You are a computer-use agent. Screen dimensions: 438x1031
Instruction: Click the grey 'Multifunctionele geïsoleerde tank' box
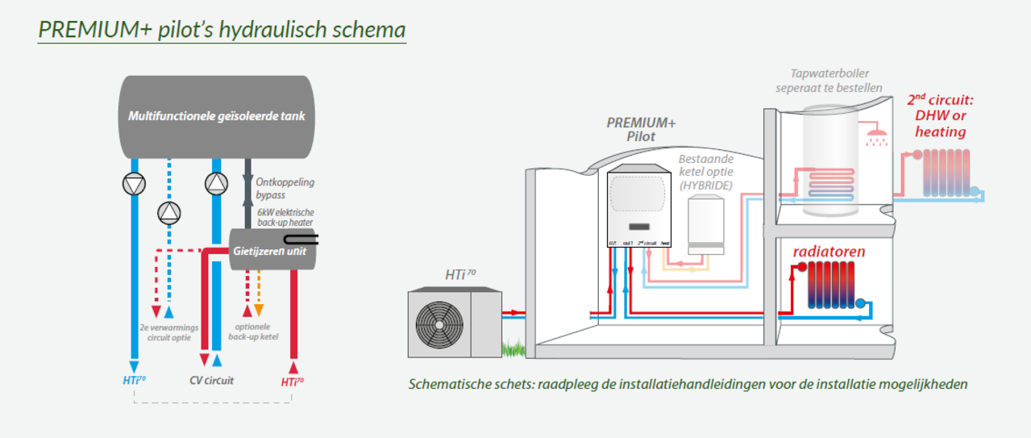[216, 116]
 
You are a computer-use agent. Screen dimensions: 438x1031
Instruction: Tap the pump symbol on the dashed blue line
[168, 213]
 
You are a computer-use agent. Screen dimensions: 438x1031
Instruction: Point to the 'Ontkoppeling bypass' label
[280, 188]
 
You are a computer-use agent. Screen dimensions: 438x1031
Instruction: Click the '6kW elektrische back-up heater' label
[280, 216]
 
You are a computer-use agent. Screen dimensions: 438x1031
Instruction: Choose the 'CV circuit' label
[211, 381]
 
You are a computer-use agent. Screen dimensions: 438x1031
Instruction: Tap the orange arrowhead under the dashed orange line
[259, 311]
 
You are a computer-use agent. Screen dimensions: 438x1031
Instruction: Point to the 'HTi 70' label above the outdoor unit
[460, 275]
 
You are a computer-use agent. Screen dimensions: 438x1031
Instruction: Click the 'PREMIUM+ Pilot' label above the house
[641, 129]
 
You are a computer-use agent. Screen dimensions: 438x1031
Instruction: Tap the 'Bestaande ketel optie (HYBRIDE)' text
[705, 172]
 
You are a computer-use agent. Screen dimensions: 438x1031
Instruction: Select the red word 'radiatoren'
[829, 252]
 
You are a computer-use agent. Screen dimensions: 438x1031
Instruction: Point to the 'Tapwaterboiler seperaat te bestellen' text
[829, 80]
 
